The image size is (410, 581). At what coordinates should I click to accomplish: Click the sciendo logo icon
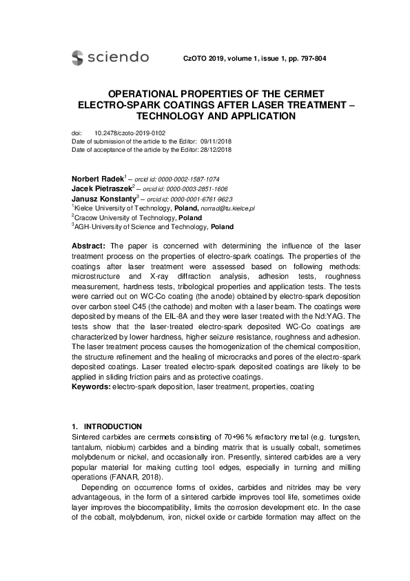pyautogui.click(x=77, y=57)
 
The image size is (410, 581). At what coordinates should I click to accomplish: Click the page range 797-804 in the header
pyautogui.click(x=309, y=59)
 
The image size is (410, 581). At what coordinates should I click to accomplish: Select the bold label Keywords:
pyautogui.click(x=91, y=387)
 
